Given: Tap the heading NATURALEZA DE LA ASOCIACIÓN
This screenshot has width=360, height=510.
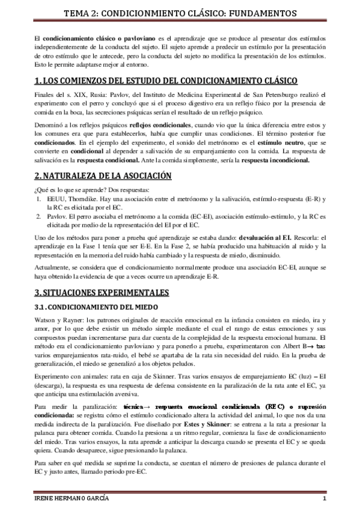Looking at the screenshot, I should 103,176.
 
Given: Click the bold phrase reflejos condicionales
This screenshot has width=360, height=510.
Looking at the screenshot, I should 160,123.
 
